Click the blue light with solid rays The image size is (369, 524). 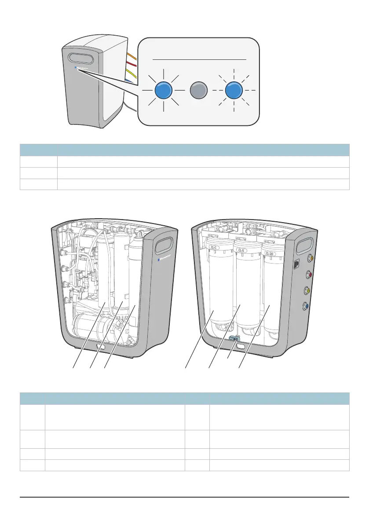[163, 90]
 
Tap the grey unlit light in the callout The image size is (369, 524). [198, 90]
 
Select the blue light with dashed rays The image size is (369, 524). [234, 90]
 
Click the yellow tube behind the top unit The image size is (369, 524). [129, 72]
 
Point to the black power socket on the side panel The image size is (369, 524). [297, 264]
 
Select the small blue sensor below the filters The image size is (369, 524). [233, 338]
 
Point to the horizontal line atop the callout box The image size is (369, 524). [198, 58]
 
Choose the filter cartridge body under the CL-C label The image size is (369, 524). [214, 290]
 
